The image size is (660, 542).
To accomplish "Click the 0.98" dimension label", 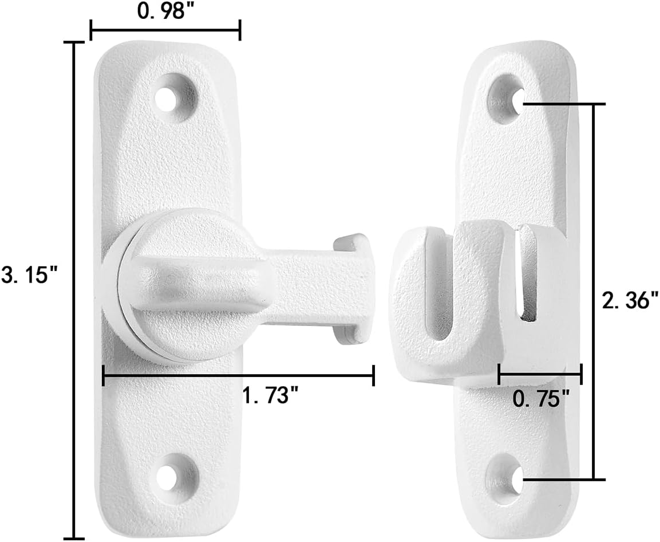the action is [x=161, y=11].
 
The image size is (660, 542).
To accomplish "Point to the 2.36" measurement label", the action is [x=630, y=300].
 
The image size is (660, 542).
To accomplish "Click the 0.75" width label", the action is [x=541, y=397].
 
